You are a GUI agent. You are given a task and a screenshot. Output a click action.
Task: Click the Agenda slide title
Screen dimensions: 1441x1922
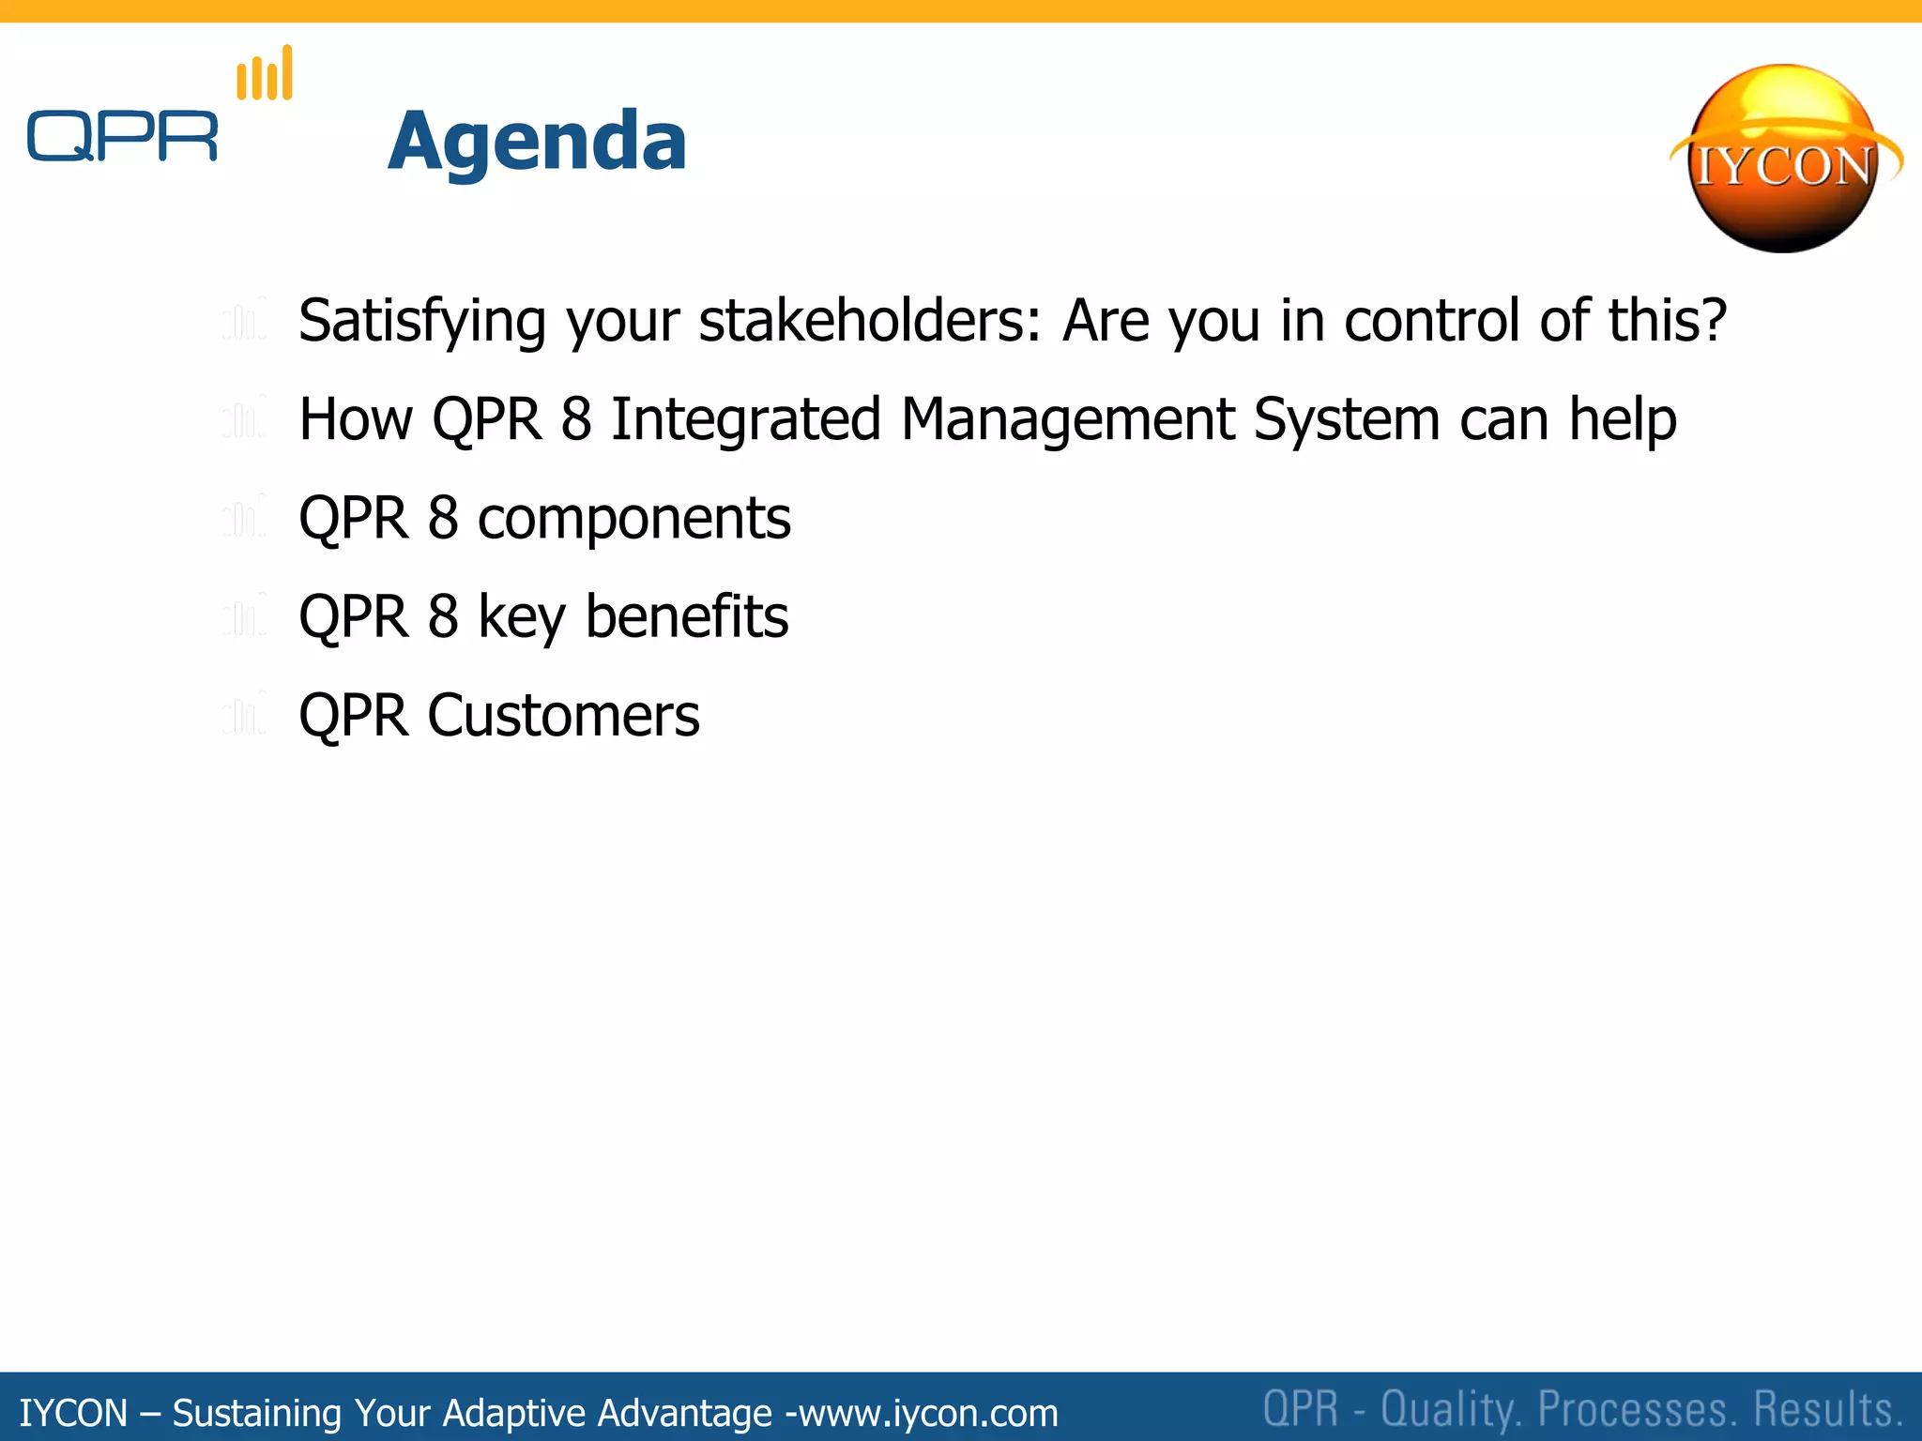[537, 141]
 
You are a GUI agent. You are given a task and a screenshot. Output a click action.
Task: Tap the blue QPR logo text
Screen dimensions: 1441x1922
[122, 137]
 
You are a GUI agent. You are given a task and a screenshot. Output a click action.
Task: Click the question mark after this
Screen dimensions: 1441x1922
[1714, 321]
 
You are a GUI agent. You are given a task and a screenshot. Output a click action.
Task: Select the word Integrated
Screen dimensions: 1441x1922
[745, 419]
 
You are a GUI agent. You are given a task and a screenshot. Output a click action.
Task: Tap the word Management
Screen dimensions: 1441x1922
[1067, 419]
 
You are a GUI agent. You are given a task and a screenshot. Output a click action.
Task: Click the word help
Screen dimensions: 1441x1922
[1623, 419]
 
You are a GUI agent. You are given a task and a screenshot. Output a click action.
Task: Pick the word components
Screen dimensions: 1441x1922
[634, 519]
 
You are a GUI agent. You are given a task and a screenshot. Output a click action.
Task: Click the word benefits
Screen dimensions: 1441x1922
[687, 617]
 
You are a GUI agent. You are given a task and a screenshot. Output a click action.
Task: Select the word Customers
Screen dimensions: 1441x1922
[563, 716]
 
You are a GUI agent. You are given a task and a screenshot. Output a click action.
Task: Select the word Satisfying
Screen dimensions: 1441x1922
[422, 321]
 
